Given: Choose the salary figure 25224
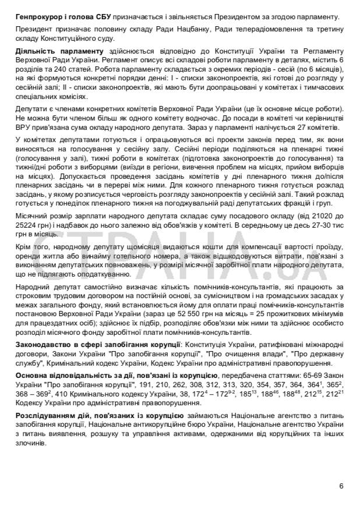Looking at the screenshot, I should [27, 225].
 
